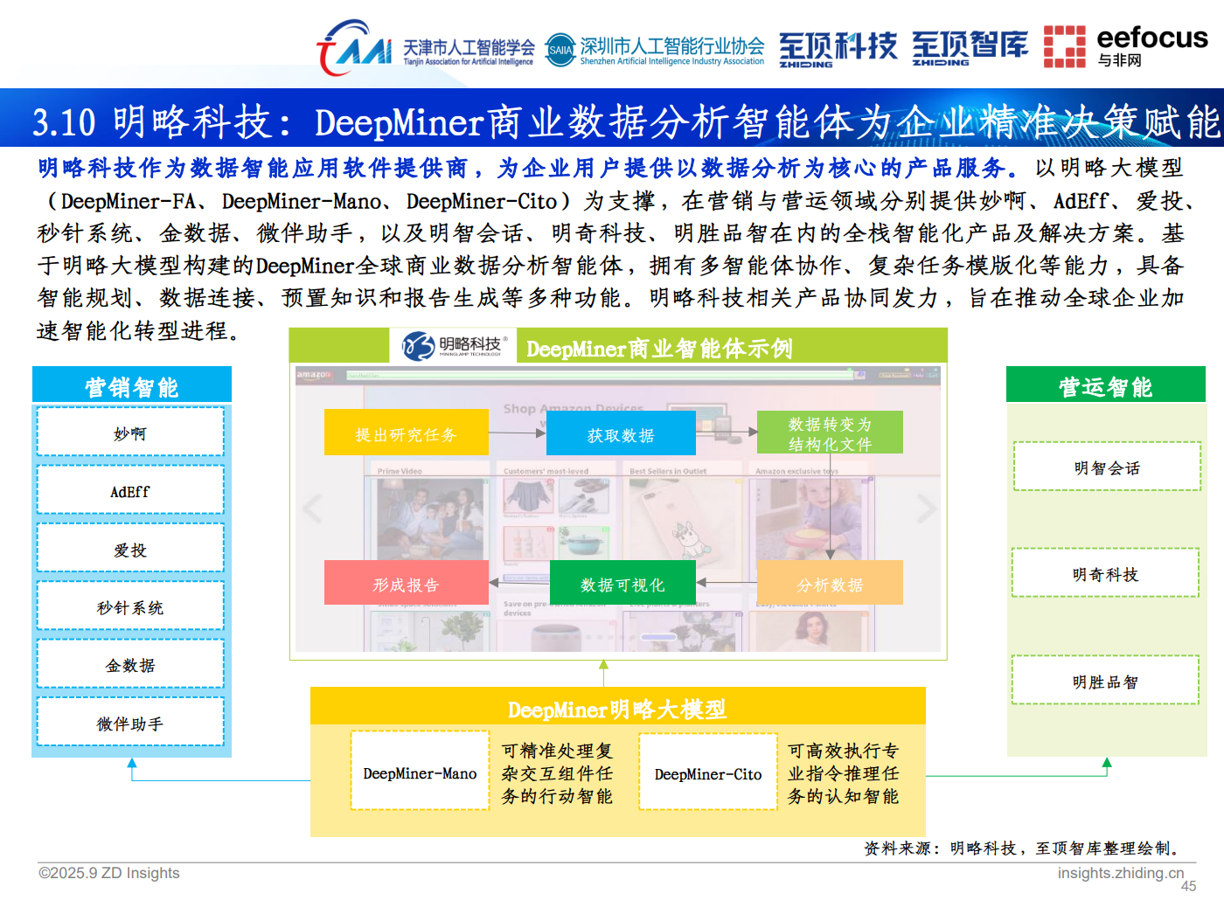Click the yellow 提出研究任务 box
point(406,433)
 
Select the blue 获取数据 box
point(621,433)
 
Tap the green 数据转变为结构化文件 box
point(830,433)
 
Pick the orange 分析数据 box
point(830,584)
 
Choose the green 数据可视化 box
point(622,583)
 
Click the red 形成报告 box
point(406,583)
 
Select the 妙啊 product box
point(130,433)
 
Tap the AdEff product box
point(130,491)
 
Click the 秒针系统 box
point(130,606)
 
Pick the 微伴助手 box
point(130,723)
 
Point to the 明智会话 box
point(1107,467)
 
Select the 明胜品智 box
point(1105,681)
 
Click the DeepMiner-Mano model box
point(420,772)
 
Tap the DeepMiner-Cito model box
point(708,773)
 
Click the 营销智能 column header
point(131,385)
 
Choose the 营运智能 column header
point(1105,385)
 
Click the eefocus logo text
point(1151,38)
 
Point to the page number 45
point(1188,886)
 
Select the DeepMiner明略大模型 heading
point(617,708)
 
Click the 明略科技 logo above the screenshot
point(453,346)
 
